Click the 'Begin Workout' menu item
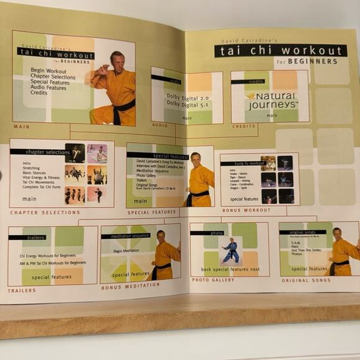point(49,71)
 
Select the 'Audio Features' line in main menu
point(48,88)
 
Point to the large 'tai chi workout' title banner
point(281,51)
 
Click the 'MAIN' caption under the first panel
point(21,127)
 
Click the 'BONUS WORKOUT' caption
point(247,210)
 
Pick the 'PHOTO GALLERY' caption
point(212,280)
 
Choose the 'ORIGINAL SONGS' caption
point(304,280)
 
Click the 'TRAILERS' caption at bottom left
point(22,290)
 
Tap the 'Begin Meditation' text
point(126,251)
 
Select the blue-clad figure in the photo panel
point(231,250)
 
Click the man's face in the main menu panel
point(116,60)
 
